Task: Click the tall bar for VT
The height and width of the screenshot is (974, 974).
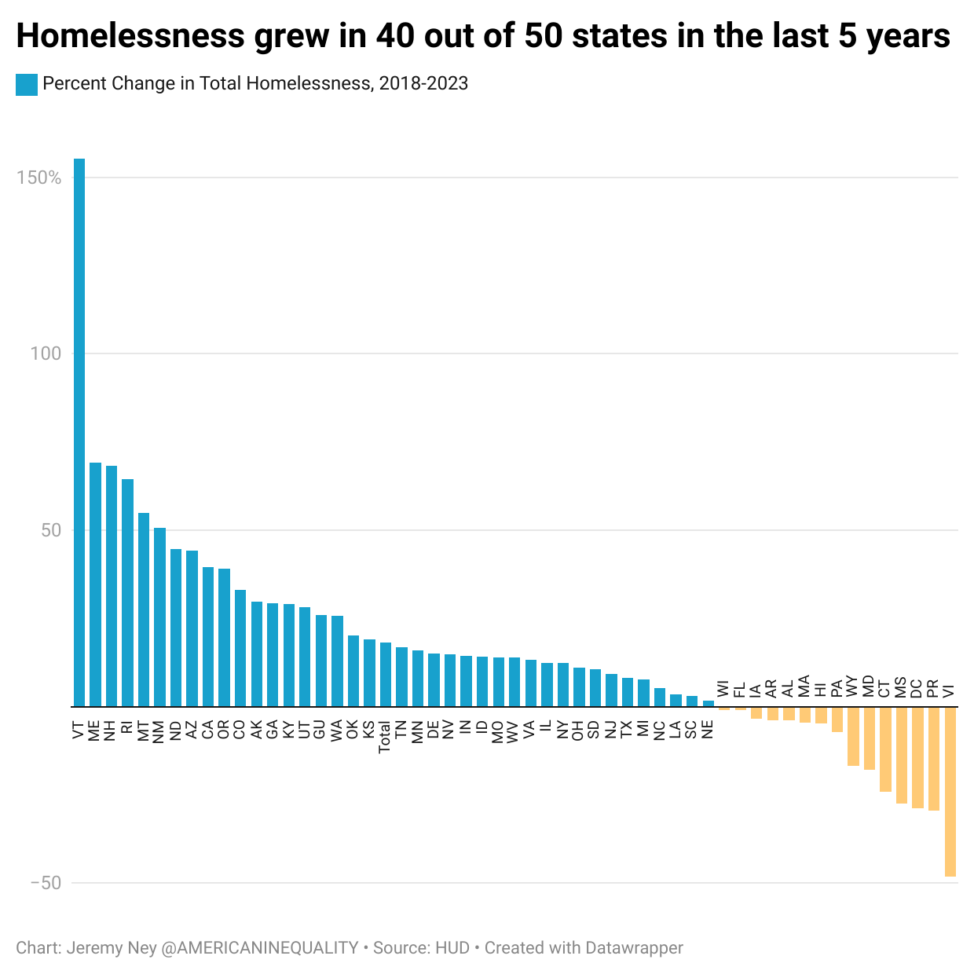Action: pyautogui.click(x=79, y=432)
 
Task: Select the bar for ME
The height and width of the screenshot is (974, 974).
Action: pyautogui.click(x=95, y=584)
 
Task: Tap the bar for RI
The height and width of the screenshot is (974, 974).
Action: pyautogui.click(x=127, y=592)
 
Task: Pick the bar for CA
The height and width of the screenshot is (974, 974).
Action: pyautogui.click(x=208, y=636)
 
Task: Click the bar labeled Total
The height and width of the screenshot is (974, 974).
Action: pyautogui.click(x=385, y=674)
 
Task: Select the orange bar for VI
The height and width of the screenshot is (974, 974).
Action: pyautogui.click(x=950, y=791)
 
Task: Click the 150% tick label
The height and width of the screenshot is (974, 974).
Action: pyautogui.click(x=39, y=178)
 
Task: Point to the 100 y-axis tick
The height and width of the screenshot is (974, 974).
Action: pyautogui.click(x=46, y=353)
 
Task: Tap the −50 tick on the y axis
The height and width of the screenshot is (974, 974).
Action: pyautogui.click(x=46, y=883)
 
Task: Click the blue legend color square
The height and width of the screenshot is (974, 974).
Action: pyautogui.click(x=26, y=84)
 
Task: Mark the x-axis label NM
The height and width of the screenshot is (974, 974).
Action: pyautogui.click(x=159, y=731)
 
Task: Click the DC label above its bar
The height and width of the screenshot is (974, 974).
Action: pyautogui.click(x=917, y=688)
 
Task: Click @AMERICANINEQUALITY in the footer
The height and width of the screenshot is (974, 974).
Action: pyautogui.click(x=260, y=948)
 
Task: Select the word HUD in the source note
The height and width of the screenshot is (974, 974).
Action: pyautogui.click(x=452, y=948)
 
